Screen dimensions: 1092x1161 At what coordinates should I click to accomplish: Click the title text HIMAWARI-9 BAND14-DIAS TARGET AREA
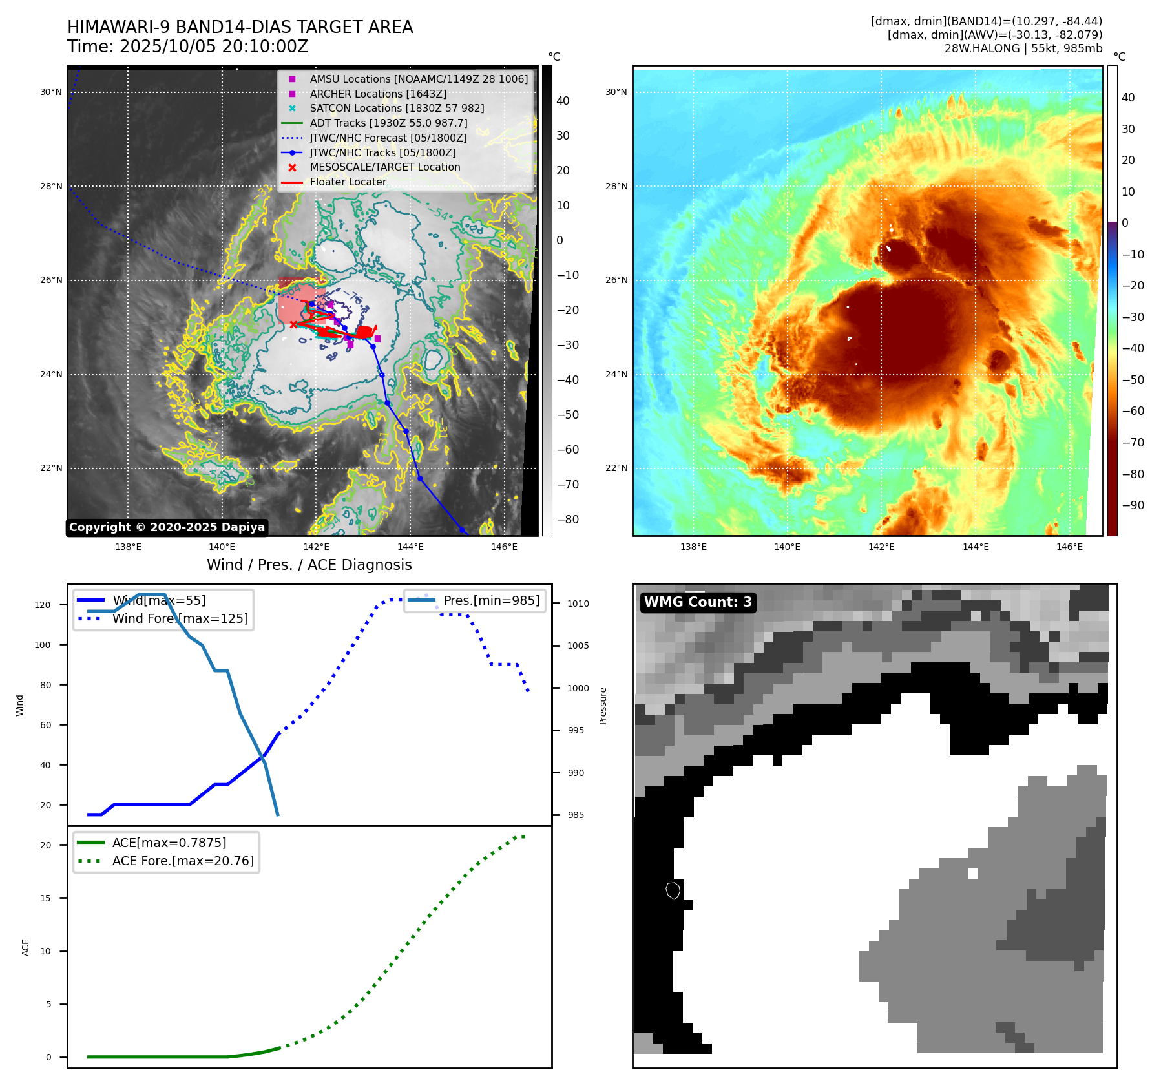click(240, 27)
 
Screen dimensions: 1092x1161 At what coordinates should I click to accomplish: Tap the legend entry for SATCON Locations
click(397, 108)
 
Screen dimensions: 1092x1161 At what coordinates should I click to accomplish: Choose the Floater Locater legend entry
click(348, 182)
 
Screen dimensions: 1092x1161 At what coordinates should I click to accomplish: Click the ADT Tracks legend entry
click(388, 123)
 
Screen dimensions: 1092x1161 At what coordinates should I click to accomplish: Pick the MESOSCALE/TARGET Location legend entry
click(385, 167)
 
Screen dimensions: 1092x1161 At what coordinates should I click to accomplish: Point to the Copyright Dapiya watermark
click(167, 527)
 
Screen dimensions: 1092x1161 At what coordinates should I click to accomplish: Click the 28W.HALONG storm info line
click(1023, 48)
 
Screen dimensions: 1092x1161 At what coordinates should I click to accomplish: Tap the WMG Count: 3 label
click(698, 602)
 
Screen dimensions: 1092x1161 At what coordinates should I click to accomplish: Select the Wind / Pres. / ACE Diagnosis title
click(309, 565)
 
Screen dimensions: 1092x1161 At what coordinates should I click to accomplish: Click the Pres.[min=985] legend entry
click(491, 600)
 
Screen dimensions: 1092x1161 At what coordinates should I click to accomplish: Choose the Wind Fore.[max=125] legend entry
click(180, 618)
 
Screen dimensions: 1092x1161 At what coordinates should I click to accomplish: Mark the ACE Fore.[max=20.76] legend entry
click(183, 861)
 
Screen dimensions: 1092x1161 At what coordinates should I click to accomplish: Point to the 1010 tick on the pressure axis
click(578, 604)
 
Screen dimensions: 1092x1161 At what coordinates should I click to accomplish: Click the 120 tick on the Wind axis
click(43, 605)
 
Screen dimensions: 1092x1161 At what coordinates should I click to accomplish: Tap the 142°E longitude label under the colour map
click(881, 547)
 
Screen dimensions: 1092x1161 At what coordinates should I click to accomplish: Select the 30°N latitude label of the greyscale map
click(51, 92)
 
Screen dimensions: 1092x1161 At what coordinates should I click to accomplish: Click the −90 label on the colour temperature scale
click(1133, 505)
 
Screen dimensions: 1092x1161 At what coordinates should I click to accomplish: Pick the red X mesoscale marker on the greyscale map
click(293, 324)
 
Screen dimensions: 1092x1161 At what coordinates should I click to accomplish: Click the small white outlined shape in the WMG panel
click(673, 890)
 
